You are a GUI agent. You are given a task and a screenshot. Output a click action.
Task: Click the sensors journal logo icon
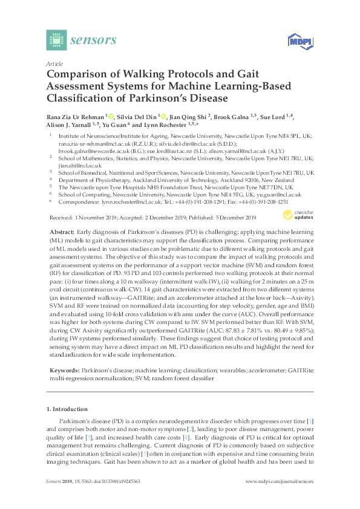point(56,41)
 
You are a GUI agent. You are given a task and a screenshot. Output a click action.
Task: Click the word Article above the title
point(54,63)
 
